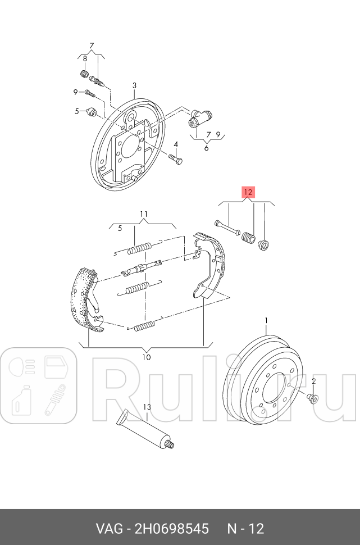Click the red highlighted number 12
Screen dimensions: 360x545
coord(248,192)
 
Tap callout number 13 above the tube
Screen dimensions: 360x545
coord(147,407)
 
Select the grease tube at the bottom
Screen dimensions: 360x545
coord(145,429)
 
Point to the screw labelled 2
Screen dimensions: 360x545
coord(313,398)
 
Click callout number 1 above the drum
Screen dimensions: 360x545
coord(267,320)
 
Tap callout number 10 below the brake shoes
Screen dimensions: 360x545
coord(147,357)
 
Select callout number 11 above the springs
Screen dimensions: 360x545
coord(144,214)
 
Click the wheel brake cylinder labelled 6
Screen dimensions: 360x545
coord(200,119)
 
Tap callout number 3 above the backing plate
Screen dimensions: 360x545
coord(134,85)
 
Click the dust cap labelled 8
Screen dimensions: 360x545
coord(84,74)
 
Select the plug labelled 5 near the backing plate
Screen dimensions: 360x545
coord(92,112)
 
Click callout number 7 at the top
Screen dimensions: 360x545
coord(92,46)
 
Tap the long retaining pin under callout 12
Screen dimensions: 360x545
coord(228,226)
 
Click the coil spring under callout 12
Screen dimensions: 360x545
coord(248,238)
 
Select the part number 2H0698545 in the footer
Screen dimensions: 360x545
coord(172,529)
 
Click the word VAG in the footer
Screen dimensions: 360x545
coord(109,529)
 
